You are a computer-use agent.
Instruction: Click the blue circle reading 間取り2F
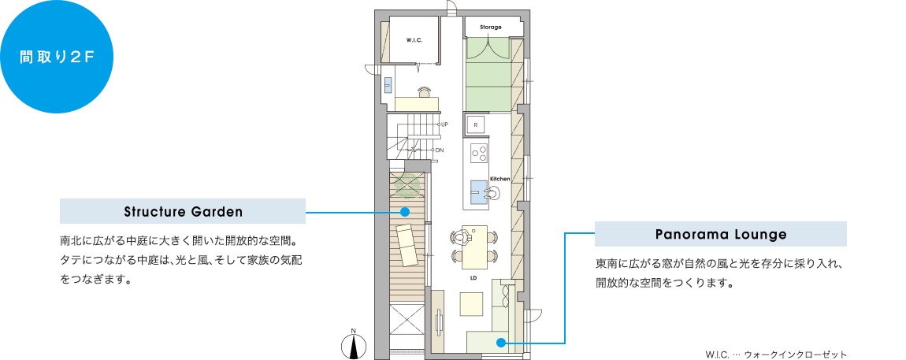click(57, 57)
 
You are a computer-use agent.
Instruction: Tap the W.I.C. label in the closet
click(415, 40)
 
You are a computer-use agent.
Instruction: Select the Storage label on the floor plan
click(491, 27)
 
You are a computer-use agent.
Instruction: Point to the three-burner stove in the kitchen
click(479, 153)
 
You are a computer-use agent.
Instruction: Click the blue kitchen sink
click(479, 192)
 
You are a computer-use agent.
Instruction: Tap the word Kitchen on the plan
click(499, 179)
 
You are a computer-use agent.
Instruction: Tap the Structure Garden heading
click(183, 211)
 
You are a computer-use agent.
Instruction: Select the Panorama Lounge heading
click(721, 235)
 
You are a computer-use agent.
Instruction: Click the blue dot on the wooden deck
click(405, 212)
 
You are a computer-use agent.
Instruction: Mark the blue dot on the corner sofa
click(501, 343)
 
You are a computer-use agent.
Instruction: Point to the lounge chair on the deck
click(408, 244)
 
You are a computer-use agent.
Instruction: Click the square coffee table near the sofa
click(471, 304)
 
